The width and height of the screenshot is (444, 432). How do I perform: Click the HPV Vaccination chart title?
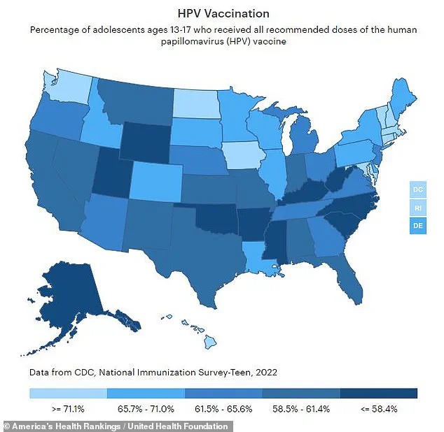[x=222, y=13]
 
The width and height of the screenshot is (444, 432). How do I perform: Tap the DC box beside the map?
[x=417, y=189]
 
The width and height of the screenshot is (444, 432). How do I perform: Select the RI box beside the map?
[x=417, y=208]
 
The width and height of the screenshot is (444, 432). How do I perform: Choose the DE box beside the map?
[x=417, y=226]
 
